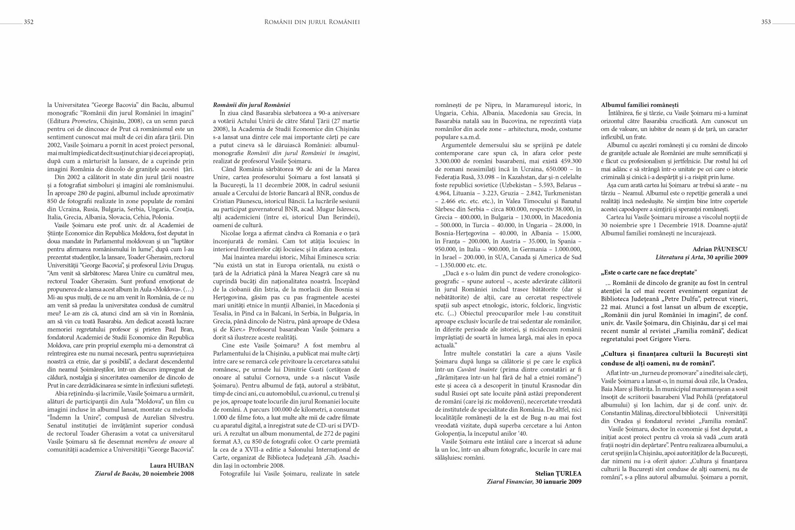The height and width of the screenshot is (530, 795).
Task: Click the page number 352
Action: tap(28, 22)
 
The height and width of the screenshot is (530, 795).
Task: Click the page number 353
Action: tap(766, 22)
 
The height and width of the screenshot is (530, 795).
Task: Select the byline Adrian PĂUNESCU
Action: tap(720, 249)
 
